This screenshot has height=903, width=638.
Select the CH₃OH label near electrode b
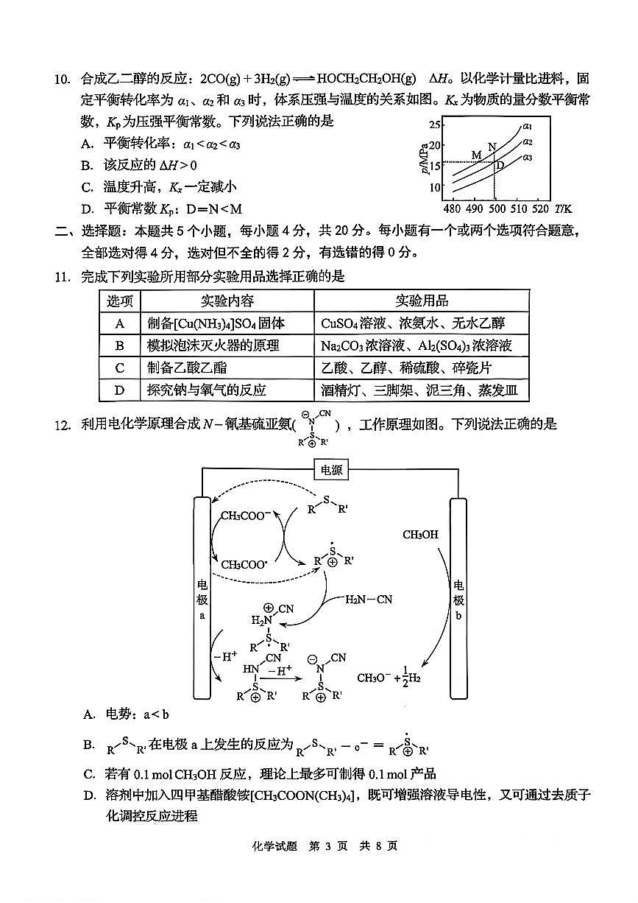pos(420,535)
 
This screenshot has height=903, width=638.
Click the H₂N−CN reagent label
pos(369,600)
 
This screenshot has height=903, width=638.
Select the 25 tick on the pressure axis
pos(435,124)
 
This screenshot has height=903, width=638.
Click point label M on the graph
pos(476,155)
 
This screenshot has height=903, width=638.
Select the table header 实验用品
pos(422,301)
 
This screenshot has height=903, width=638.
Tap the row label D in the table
pos(120,390)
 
